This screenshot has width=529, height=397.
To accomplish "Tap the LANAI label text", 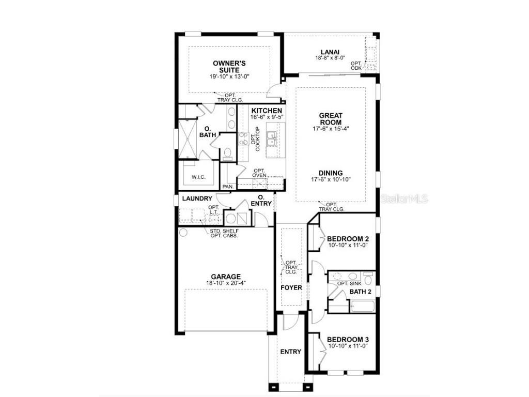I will point(330,52).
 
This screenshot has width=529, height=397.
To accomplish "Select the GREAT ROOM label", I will point(331,119).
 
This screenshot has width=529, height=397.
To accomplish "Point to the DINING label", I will point(331,173).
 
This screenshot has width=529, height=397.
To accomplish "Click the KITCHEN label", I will point(267,111).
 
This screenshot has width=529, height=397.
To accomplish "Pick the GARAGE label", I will point(226,277).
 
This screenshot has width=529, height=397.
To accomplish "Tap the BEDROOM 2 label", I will point(348,238).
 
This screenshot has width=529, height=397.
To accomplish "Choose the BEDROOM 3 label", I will point(348,340).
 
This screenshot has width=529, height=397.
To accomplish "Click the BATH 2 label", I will point(361,292).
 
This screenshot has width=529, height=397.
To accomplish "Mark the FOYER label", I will point(291,287).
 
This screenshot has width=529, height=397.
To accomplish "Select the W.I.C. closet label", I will point(198,177).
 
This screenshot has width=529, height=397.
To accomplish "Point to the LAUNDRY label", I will point(197,198).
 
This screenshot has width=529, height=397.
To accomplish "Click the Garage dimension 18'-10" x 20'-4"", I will point(226,283).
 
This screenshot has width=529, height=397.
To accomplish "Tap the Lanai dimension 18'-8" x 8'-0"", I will point(330,58).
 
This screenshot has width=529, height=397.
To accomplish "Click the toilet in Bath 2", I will point(368,280).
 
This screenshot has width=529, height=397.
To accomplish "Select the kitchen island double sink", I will point(271,138).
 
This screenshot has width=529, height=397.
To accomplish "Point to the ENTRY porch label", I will point(290,352).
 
